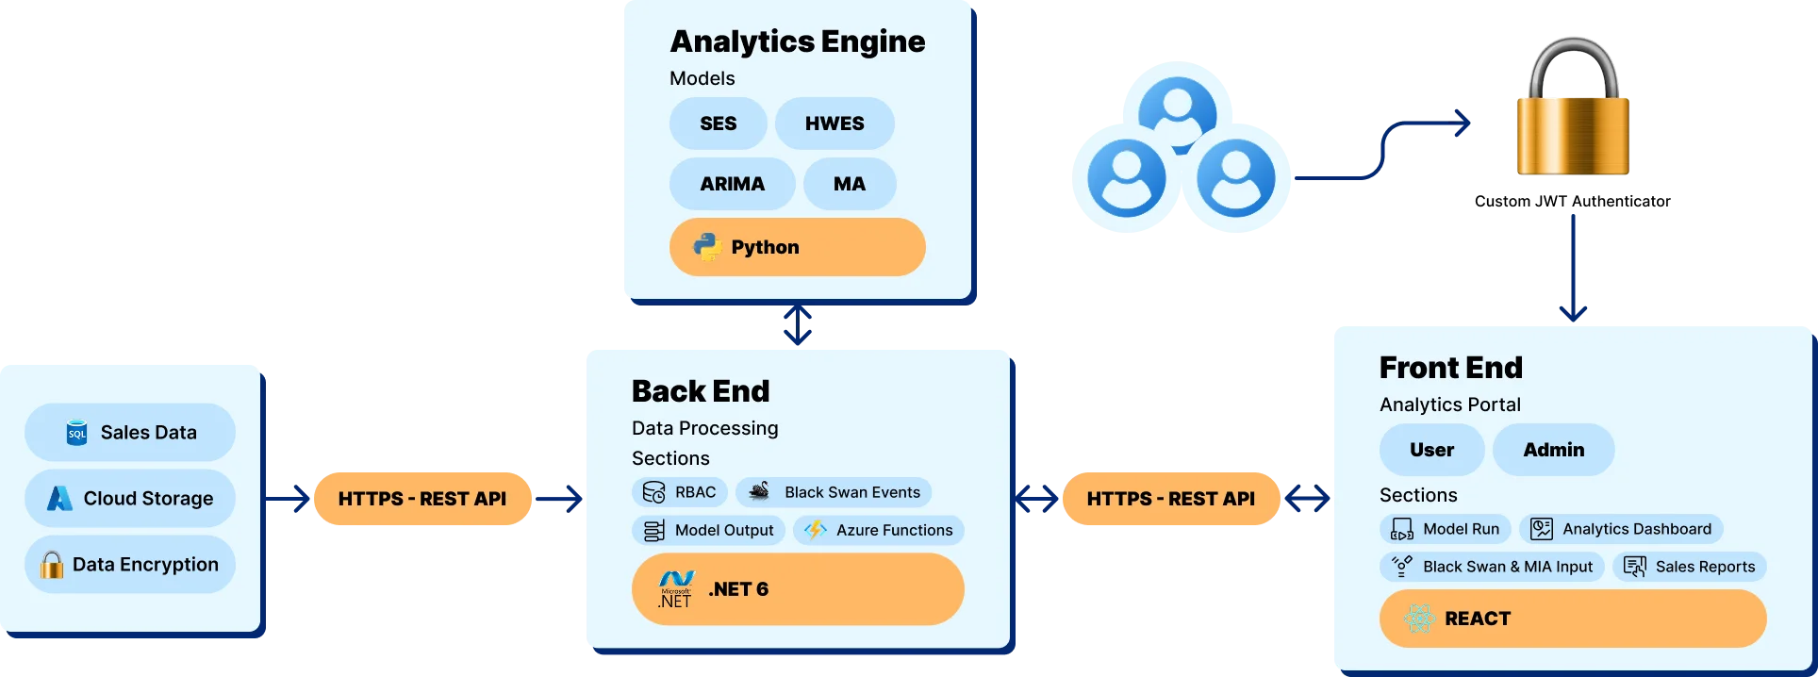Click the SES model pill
point(718,124)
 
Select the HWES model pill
point(835,124)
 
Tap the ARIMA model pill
point(732,184)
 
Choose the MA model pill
point(849,184)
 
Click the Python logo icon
point(706,247)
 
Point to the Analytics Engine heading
point(797,41)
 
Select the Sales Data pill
point(130,433)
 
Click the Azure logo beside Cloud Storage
point(60,499)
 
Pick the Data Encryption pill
point(130,565)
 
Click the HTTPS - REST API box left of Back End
point(422,499)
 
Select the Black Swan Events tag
point(834,492)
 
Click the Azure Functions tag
point(878,530)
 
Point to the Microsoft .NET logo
point(676,589)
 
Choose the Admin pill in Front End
point(1553,450)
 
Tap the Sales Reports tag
point(1689,567)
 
